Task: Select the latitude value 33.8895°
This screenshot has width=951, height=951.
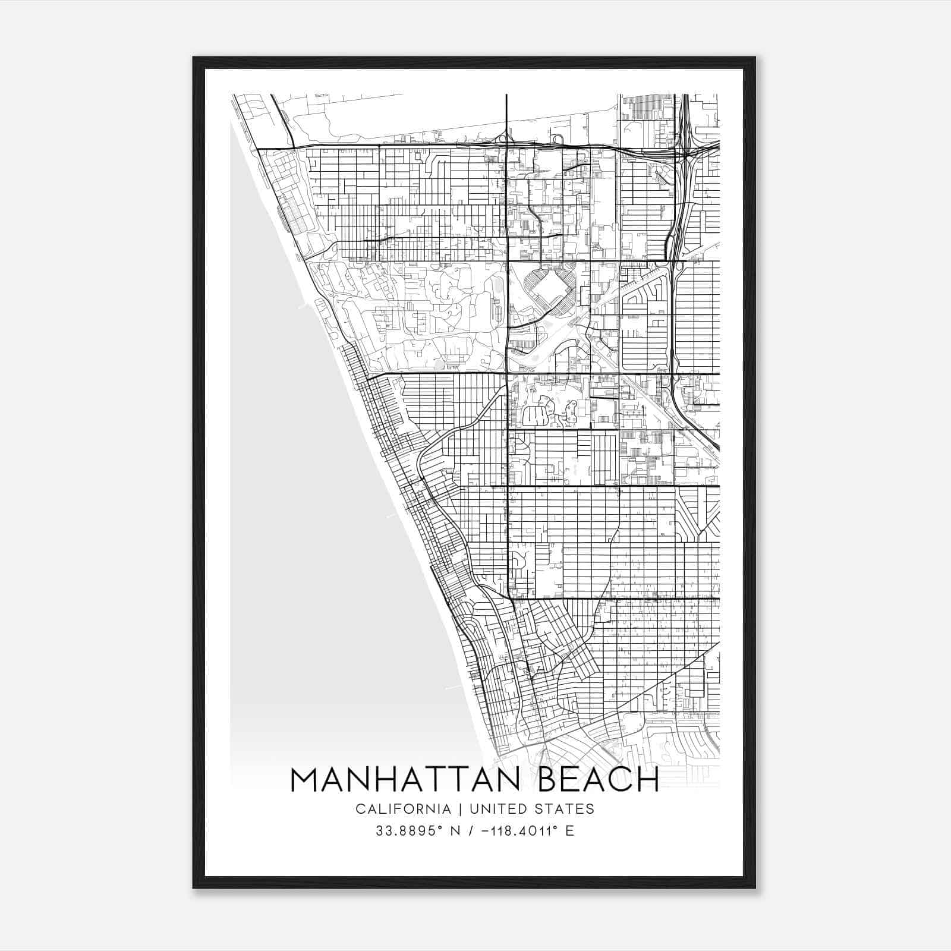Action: tap(410, 830)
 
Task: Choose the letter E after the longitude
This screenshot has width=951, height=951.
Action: tap(570, 830)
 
